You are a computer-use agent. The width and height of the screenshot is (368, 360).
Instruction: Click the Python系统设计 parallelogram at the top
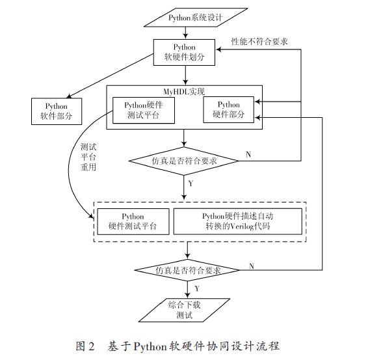[x=196, y=18]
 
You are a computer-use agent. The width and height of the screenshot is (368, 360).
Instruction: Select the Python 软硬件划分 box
[x=184, y=52]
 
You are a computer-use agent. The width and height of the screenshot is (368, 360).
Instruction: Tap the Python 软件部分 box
[x=57, y=111]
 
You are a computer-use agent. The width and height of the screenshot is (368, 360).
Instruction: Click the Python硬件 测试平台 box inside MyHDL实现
[x=144, y=110]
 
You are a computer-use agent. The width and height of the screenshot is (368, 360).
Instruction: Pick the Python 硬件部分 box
[x=229, y=109]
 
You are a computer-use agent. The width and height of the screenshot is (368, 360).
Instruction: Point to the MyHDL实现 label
[x=184, y=91]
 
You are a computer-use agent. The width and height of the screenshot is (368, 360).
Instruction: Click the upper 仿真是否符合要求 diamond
[x=184, y=161]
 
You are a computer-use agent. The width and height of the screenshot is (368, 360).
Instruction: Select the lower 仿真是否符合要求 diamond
[x=187, y=270]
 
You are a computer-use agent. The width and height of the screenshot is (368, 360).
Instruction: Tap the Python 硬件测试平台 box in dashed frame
[x=133, y=221]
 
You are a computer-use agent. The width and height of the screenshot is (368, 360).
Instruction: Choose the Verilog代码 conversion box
[x=238, y=221]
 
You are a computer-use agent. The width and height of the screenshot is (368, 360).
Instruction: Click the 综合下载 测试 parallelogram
[x=184, y=310]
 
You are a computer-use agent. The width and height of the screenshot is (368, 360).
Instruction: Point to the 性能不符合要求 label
[x=259, y=42]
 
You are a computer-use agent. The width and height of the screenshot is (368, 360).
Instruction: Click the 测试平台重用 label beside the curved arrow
[x=88, y=157]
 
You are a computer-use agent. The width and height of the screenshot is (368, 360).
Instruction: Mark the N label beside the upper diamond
[x=248, y=154]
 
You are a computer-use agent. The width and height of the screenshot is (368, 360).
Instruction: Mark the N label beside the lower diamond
[x=252, y=266]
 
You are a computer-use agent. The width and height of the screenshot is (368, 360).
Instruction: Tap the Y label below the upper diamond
[x=191, y=184]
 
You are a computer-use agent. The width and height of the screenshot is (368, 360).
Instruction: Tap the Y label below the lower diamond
[x=197, y=288]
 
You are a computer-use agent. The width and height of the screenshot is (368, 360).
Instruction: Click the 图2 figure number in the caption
[x=85, y=346]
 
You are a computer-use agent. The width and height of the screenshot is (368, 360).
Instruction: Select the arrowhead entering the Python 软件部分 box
[x=69, y=96]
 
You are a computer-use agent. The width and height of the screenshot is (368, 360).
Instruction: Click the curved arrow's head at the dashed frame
[x=90, y=215]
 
